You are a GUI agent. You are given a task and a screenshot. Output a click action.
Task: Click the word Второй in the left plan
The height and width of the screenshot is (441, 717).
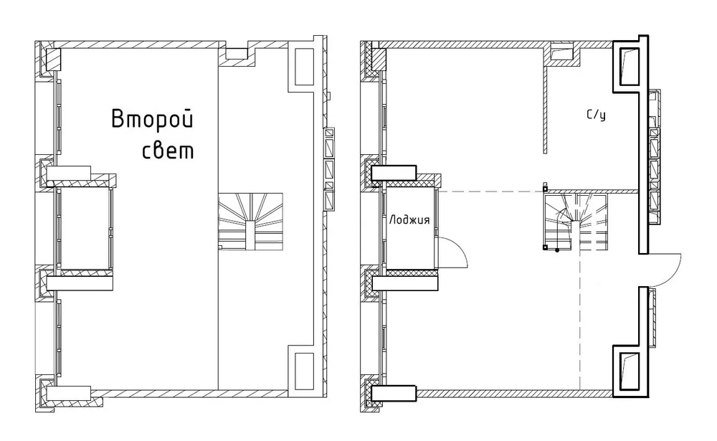point(153,119)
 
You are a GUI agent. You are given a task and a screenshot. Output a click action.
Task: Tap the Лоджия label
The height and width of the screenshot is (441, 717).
point(409,219)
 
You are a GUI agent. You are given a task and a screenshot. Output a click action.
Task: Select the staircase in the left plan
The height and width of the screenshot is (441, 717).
point(250,222)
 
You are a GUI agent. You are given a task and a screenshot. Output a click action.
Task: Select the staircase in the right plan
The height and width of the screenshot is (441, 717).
point(575,222)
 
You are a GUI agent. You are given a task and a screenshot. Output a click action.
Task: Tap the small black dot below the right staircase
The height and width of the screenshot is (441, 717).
point(557,250)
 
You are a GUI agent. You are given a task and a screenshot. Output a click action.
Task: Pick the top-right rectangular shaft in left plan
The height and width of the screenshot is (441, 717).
point(302,67)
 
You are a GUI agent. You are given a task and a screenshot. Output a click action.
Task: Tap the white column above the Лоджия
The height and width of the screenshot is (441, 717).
point(394,173)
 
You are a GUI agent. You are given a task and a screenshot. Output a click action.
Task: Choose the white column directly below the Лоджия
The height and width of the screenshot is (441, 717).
point(405,283)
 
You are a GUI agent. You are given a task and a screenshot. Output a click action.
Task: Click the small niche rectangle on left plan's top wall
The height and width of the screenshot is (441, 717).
point(237,53)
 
